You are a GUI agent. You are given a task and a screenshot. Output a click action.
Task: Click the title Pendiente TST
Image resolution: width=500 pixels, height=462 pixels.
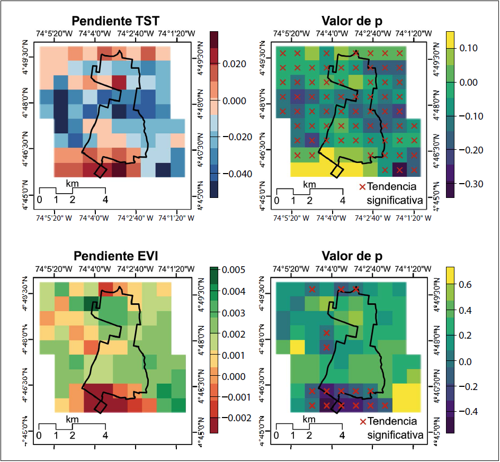[116, 21]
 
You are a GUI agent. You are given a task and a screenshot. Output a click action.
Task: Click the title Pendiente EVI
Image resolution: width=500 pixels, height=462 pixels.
[116, 257]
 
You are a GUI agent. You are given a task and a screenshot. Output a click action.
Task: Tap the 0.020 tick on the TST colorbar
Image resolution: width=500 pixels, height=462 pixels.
[233, 64]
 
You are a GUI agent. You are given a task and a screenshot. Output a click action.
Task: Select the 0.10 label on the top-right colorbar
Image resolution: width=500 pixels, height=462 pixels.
[467, 48]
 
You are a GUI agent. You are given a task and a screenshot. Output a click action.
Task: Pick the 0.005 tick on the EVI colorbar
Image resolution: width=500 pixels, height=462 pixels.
[233, 270]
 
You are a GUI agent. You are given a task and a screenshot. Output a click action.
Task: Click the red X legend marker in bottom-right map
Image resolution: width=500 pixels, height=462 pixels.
[362, 421]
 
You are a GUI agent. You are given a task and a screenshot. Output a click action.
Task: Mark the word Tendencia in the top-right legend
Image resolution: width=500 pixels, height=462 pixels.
[391, 186]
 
